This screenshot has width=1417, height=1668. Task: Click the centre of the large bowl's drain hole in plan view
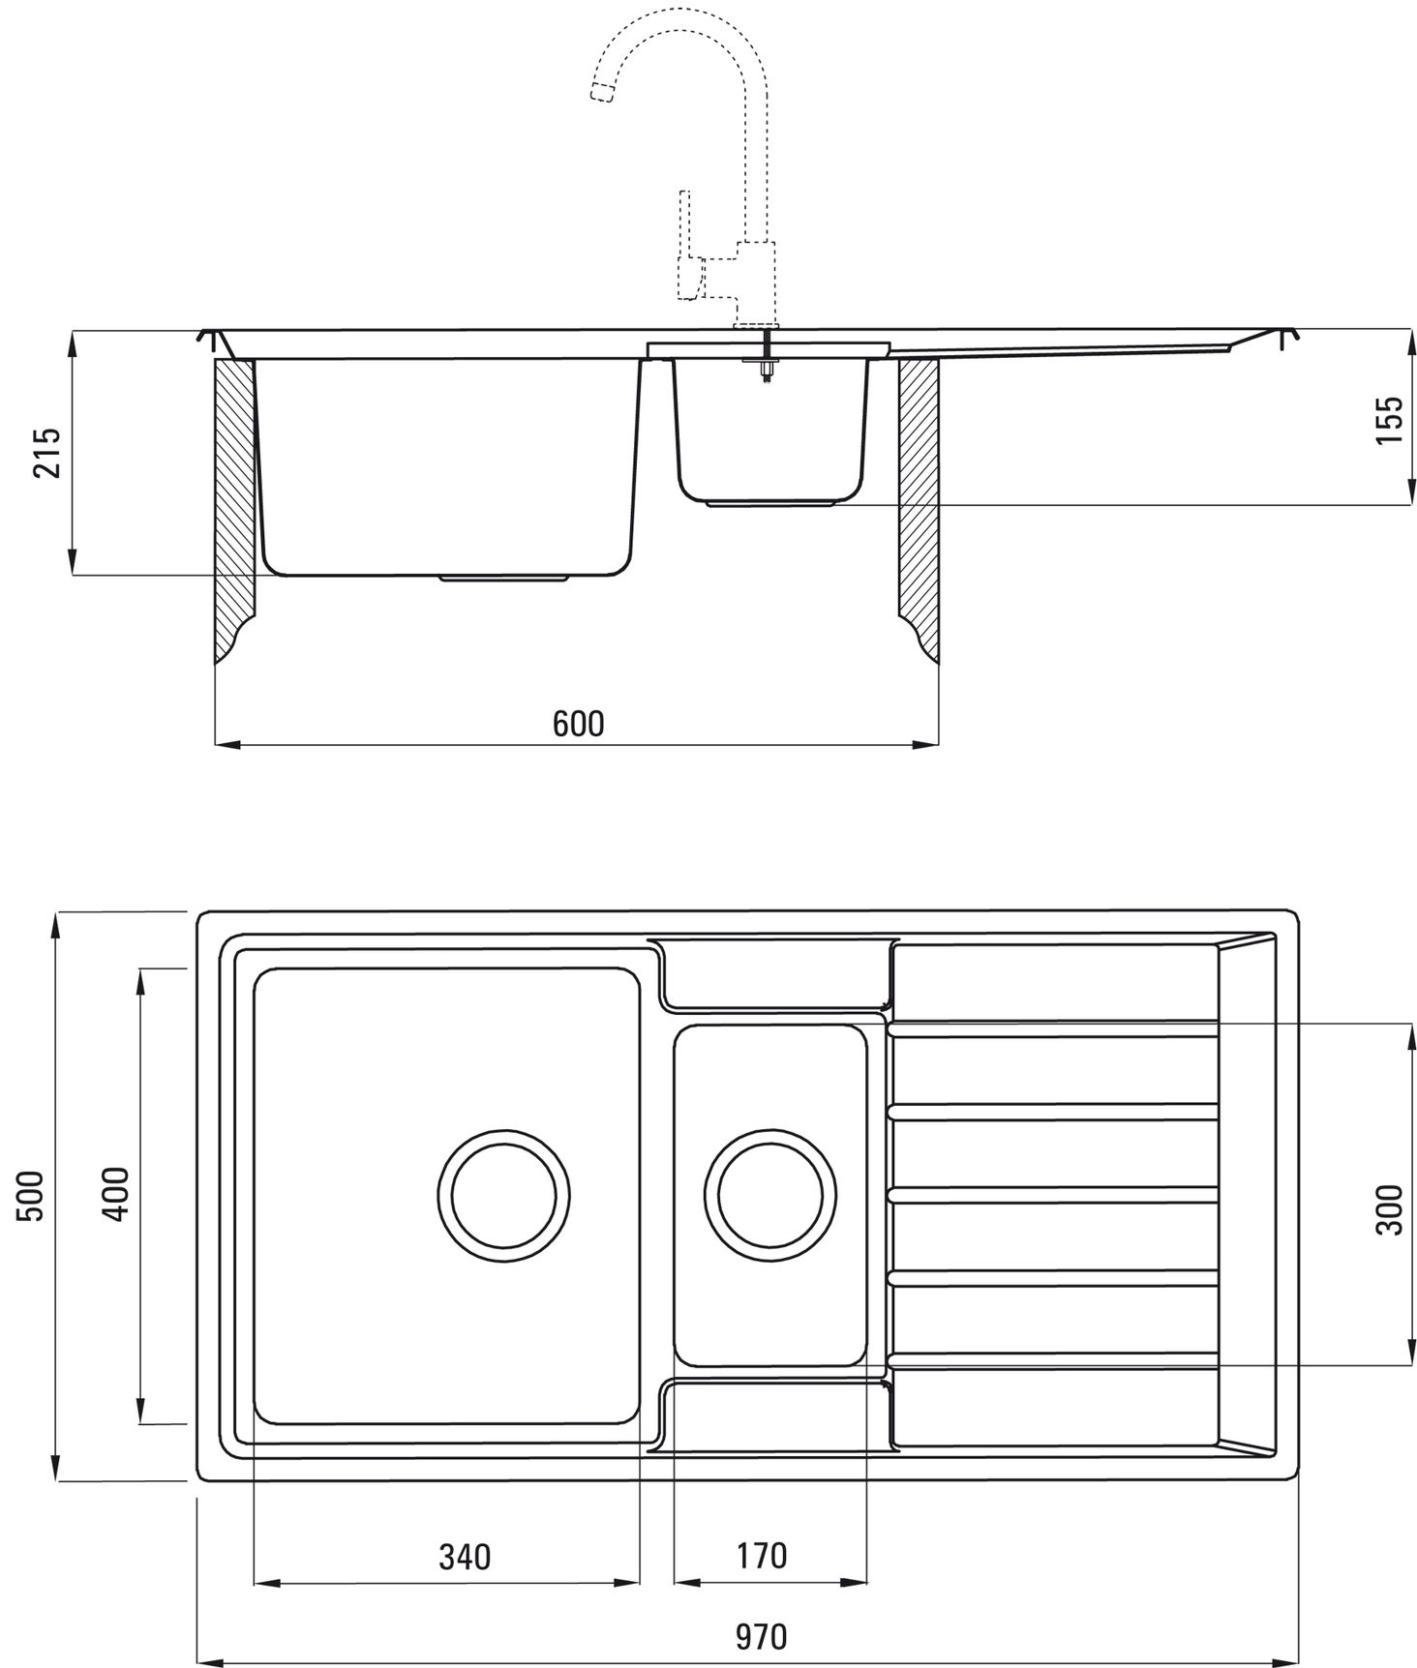[x=503, y=1195]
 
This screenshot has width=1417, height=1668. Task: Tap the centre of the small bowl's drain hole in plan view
[x=770, y=1195]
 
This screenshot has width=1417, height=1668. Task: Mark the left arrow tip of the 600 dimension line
[x=214, y=745]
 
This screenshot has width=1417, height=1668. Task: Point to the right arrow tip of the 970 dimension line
[x=1297, y=1662]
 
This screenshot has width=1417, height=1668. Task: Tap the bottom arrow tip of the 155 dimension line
[x=1407, y=504]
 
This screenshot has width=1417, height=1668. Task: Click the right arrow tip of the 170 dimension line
[x=867, y=1583]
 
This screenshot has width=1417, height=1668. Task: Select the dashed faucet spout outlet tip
[x=601, y=93]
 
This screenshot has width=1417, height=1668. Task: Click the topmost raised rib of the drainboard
[x=1053, y=1030]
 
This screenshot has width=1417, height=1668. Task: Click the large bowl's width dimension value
[x=465, y=1557]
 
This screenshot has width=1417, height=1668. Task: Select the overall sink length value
[x=761, y=1637]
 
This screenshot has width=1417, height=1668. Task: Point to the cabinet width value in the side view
[x=578, y=723]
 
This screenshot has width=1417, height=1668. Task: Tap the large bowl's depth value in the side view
[x=46, y=452]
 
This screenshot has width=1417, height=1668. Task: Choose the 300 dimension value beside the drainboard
[x=1389, y=1208]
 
